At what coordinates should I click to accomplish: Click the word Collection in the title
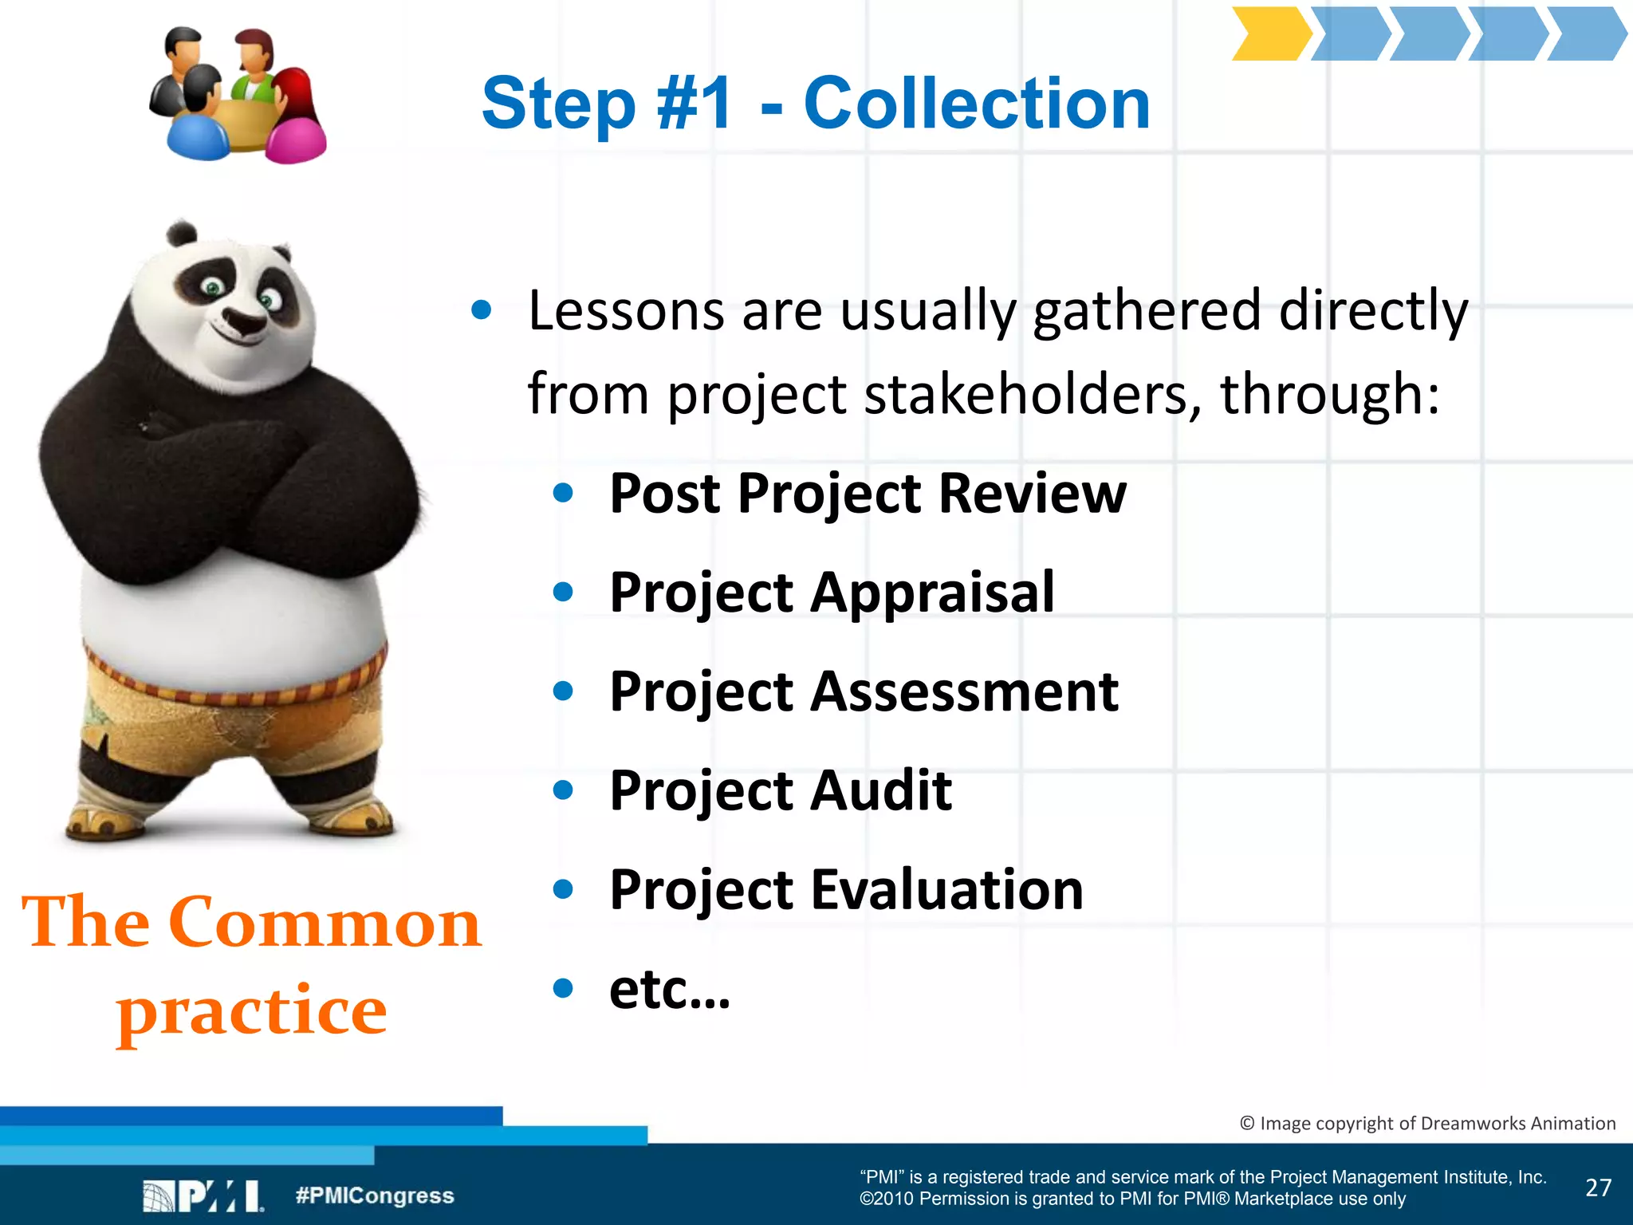point(977,104)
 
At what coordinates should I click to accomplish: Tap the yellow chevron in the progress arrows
point(1270,34)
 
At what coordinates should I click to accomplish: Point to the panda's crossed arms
point(231,479)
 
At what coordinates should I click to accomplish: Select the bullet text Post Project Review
point(868,494)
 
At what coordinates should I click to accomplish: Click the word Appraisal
point(933,593)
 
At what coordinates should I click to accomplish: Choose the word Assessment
point(965,691)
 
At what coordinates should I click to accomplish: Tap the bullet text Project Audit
point(781,790)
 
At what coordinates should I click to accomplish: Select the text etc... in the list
point(670,989)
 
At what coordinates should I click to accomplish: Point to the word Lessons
point(626,310)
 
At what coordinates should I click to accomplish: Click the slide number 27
point(1598,1188)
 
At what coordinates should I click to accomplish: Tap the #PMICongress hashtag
point(374,1195)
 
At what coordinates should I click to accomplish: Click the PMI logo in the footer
point(203,1196)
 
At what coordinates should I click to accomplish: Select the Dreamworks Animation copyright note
point(1427,1123)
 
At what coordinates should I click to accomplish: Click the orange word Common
point(325,923)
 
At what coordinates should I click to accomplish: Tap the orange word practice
point(252,1010)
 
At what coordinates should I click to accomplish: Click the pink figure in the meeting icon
point(297,128)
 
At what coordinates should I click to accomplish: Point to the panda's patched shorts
point(231,710)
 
